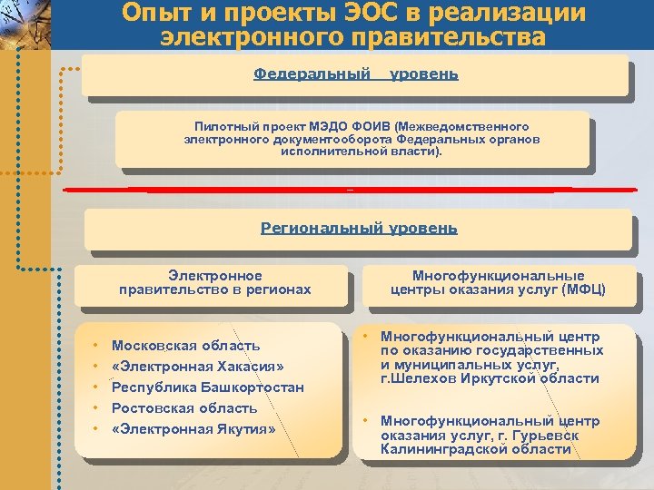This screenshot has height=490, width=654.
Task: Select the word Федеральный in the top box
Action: click(x=312, y=73)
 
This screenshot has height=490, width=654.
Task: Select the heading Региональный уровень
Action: click(x=359, y=228)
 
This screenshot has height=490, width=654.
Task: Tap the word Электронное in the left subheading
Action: click(x=215, y=276)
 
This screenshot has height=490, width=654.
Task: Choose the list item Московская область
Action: click(x=185, y=346)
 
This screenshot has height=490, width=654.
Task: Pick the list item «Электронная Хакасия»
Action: click(x=197, y=367)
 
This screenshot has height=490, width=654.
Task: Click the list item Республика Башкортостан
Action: click(x=207, y=387)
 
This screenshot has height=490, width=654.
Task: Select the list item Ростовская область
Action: click(x=184, y=408)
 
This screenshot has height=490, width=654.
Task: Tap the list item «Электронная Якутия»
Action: click(x=193, y=428)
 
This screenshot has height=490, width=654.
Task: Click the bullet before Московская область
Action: click(x=94, y=346)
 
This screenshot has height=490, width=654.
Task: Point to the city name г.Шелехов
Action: click(x=420, y=378)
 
